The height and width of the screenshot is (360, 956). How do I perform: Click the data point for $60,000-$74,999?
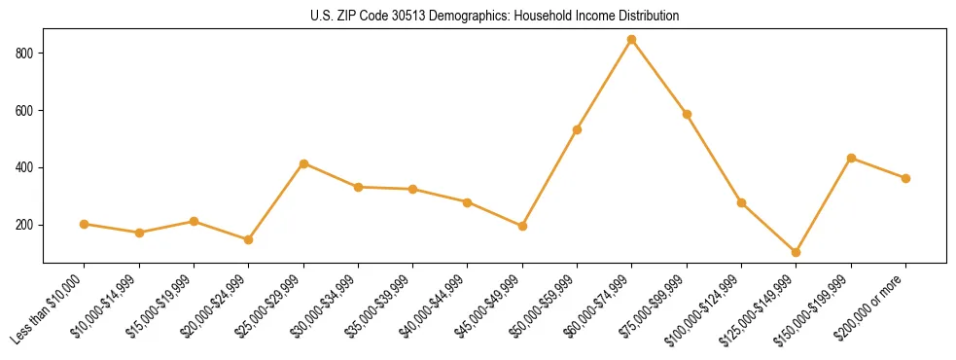click(632, 40)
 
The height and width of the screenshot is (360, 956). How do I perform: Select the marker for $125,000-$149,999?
click(797, 252)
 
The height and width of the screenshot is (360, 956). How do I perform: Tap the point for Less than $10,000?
click(85, 224)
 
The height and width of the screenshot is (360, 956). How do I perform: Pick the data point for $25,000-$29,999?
click(303, 163)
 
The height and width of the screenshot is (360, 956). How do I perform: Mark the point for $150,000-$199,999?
click(851, 158)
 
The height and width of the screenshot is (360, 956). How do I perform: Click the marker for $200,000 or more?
click(905, 178)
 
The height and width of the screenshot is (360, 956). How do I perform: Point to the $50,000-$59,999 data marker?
click(578, 129)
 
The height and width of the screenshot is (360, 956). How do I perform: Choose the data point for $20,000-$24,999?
click(249, 239)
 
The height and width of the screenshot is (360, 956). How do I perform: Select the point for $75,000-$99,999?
click(687, 114)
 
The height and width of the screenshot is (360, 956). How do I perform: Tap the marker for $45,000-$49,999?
click(522, 226)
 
